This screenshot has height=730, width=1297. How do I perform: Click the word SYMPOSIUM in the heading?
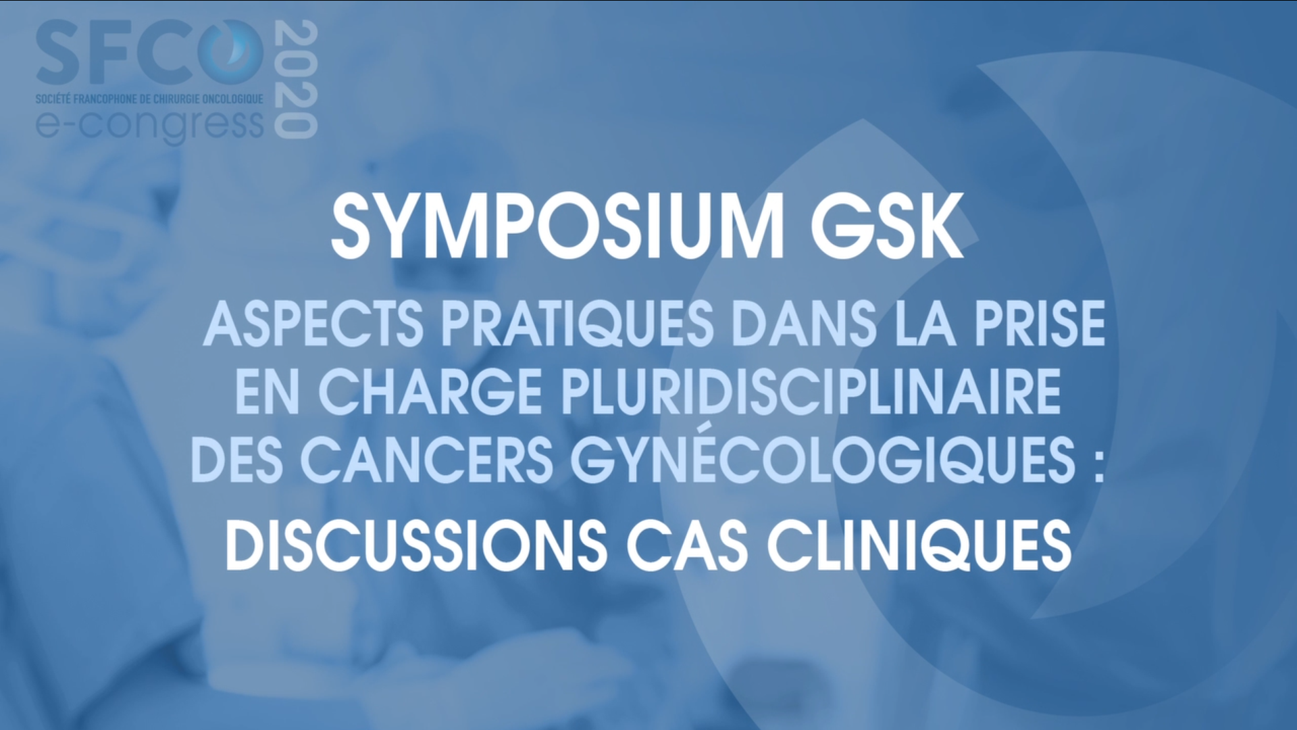557,227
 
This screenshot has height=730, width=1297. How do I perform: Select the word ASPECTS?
313,324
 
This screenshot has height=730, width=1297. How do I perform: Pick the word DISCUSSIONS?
416,545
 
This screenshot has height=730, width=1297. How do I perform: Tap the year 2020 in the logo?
297,80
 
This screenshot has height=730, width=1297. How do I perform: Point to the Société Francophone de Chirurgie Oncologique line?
149,99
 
